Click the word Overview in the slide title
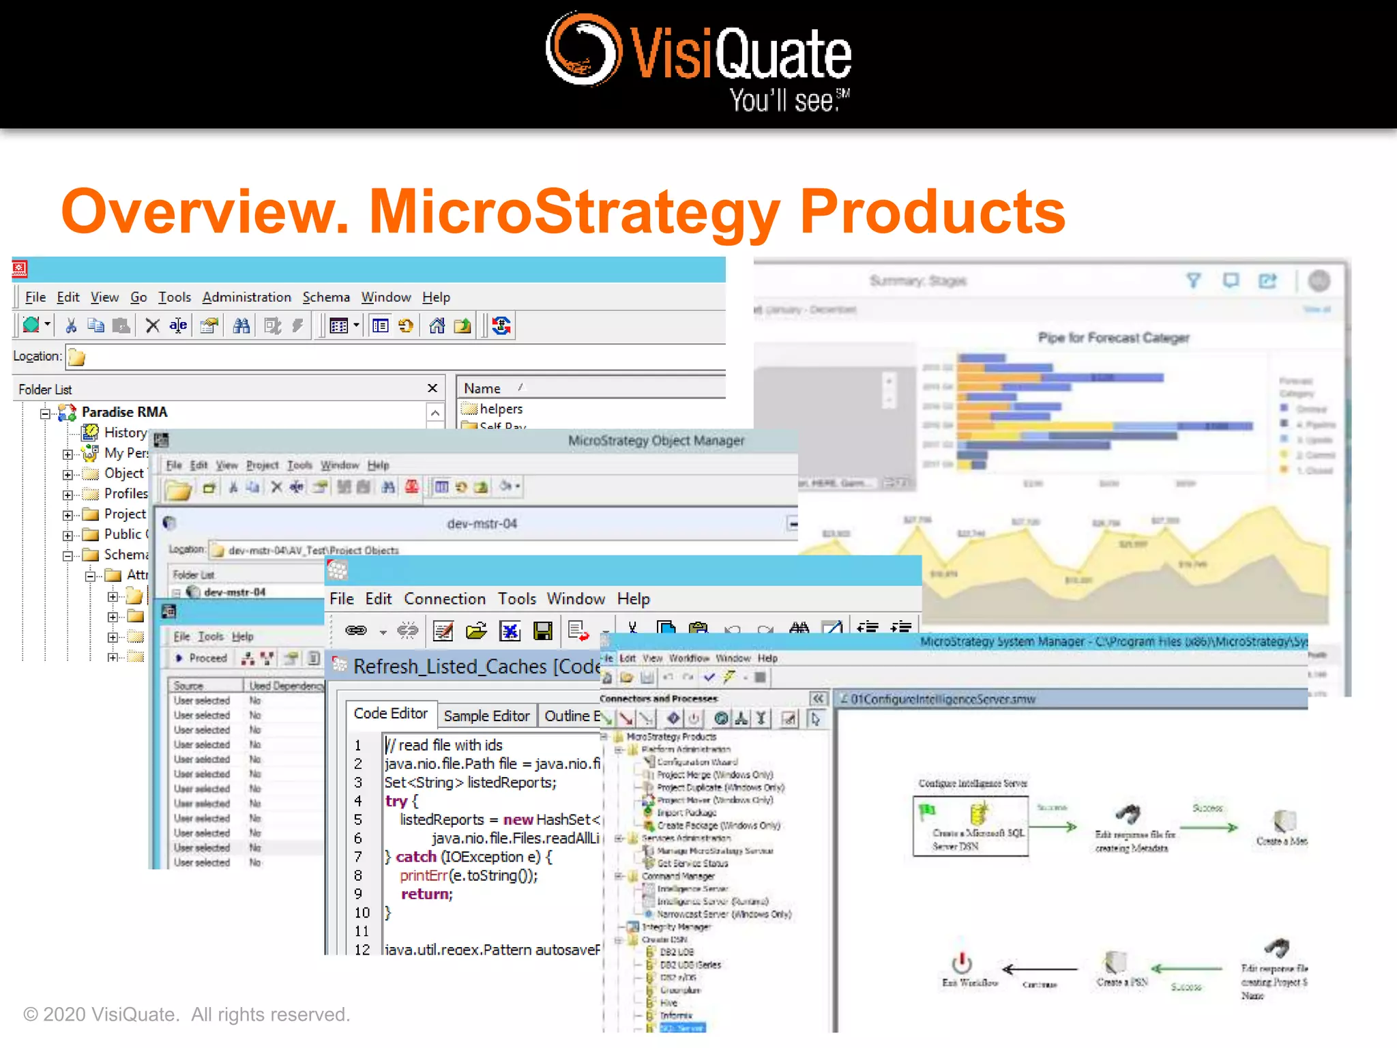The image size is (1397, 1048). [205, 212]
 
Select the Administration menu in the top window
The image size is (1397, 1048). [246, 297]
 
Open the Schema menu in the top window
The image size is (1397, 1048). [326, 297]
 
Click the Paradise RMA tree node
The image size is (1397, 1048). [124, 412]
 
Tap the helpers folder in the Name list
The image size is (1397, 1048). [501, 409]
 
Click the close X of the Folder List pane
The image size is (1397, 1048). [432, 388]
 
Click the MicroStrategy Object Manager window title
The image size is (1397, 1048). [656, 441]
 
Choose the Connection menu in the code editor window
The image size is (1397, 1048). [445, 599]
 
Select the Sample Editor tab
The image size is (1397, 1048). [486, 716]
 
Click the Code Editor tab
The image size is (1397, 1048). [391, 714]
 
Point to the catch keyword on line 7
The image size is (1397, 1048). [416, 857]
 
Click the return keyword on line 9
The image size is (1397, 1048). [426, 894]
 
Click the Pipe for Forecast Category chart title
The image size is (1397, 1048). [1113, 338]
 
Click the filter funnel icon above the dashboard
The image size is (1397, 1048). [1193, 280]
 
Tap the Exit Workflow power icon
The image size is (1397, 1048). [962, 963]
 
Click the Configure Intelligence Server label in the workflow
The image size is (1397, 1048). [973, 783]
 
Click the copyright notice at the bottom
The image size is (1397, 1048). [186, 1015]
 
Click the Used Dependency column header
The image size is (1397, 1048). [285, 686]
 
